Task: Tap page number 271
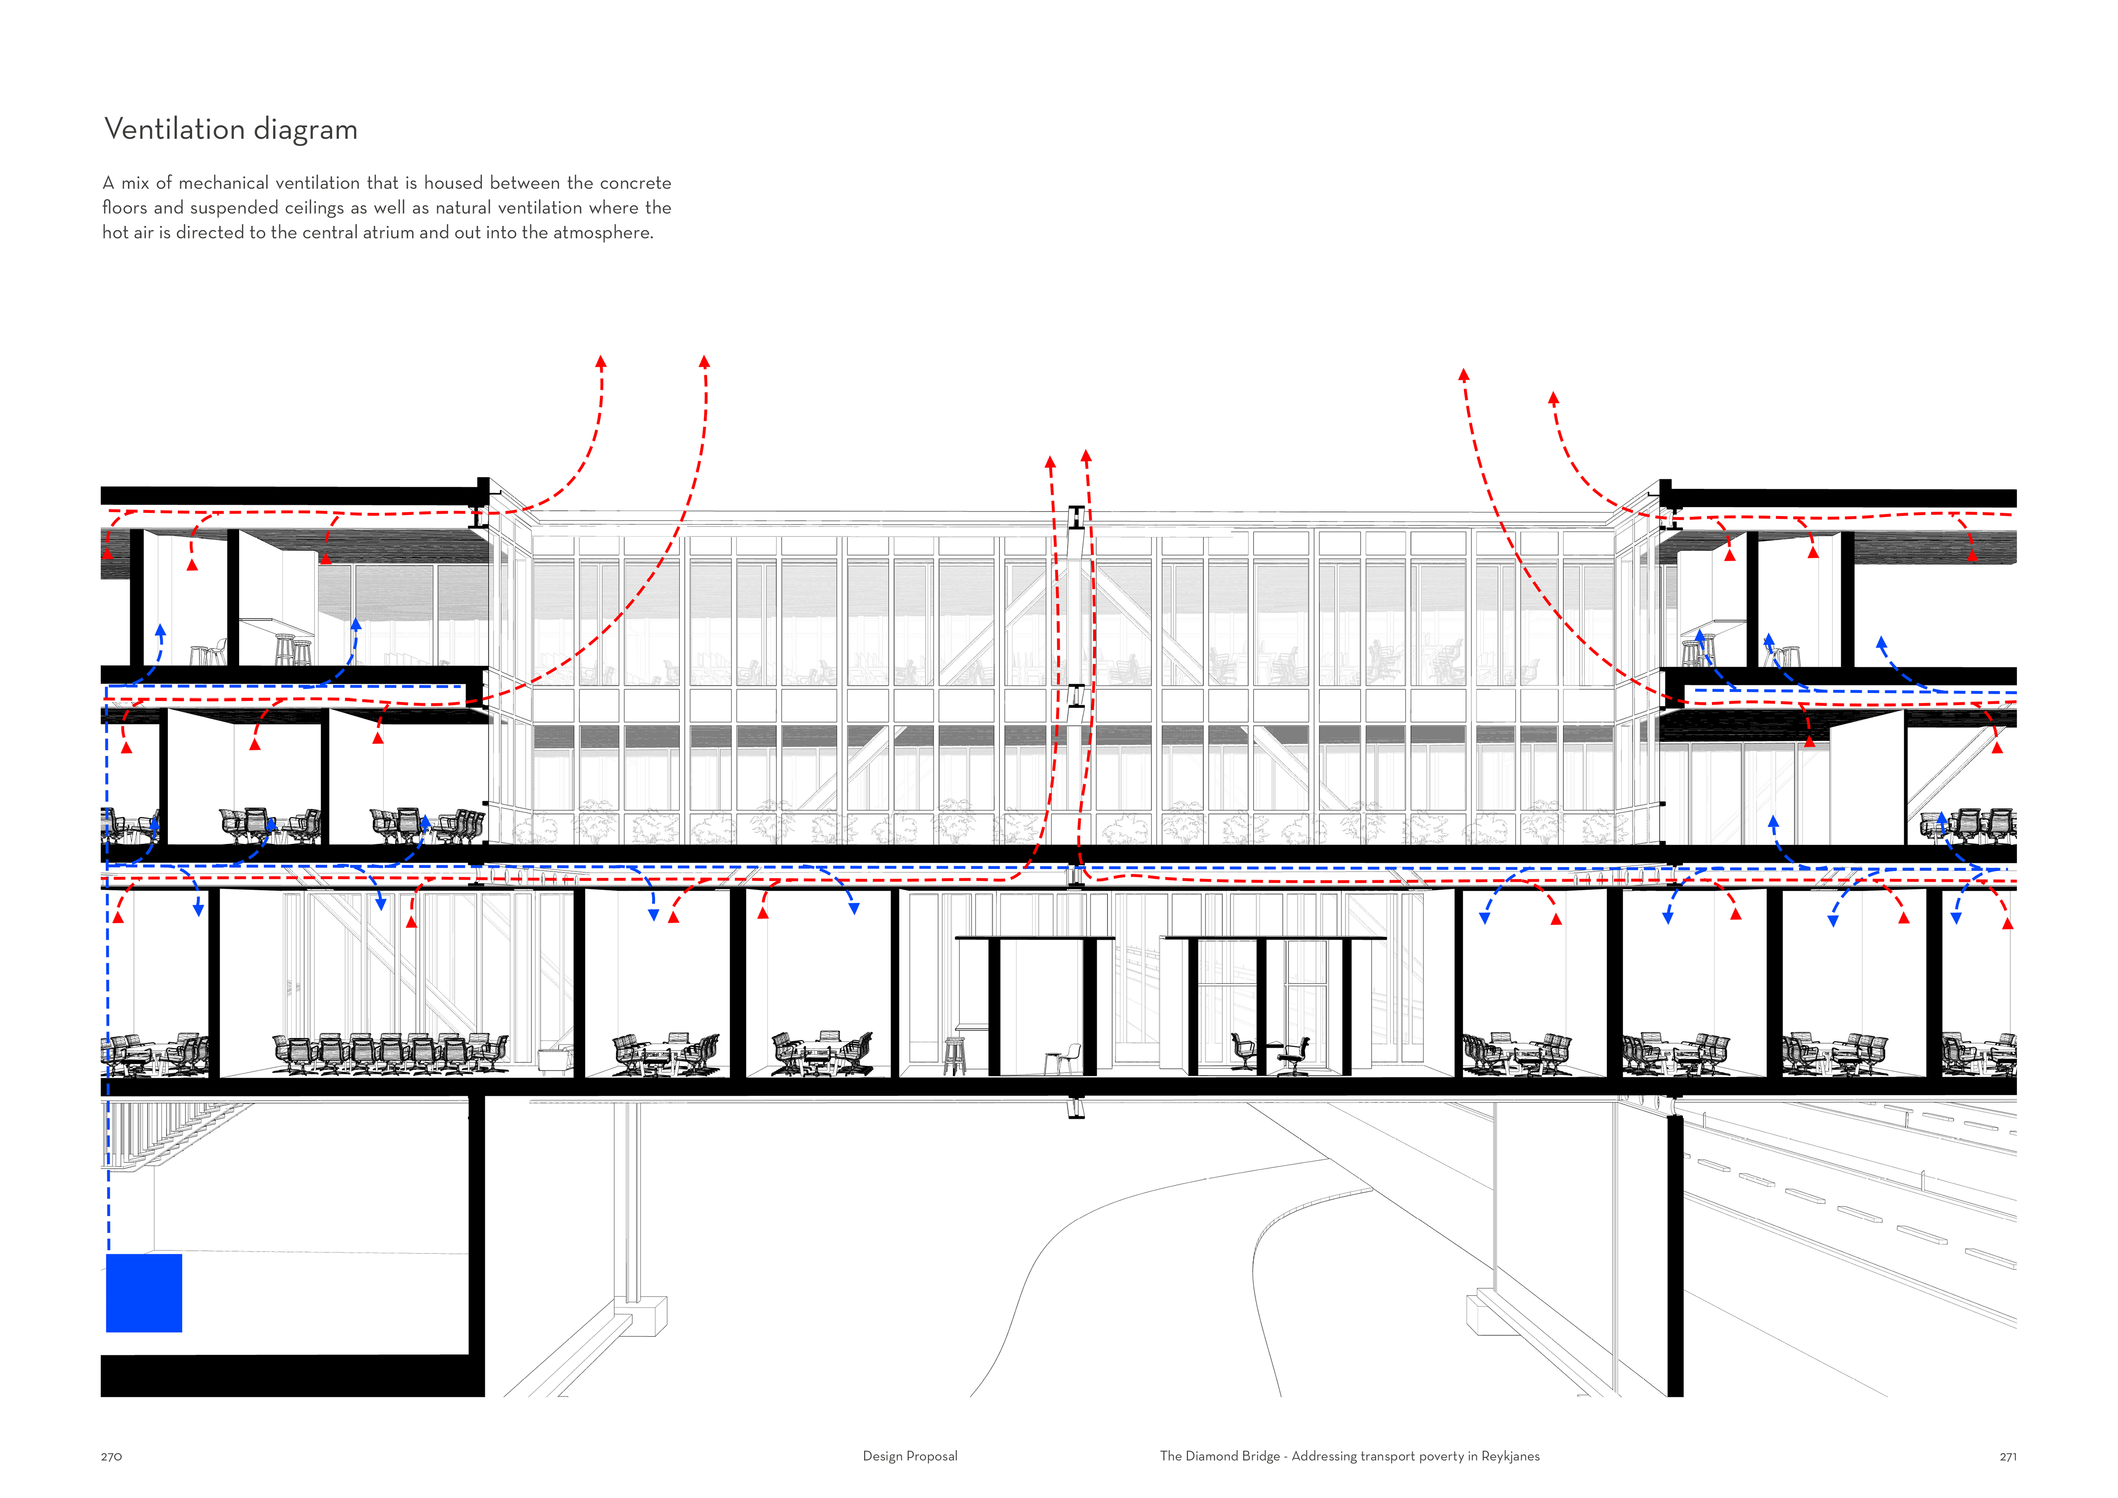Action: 2007,1457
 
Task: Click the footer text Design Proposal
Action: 909,1456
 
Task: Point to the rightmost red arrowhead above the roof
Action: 1554,398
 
